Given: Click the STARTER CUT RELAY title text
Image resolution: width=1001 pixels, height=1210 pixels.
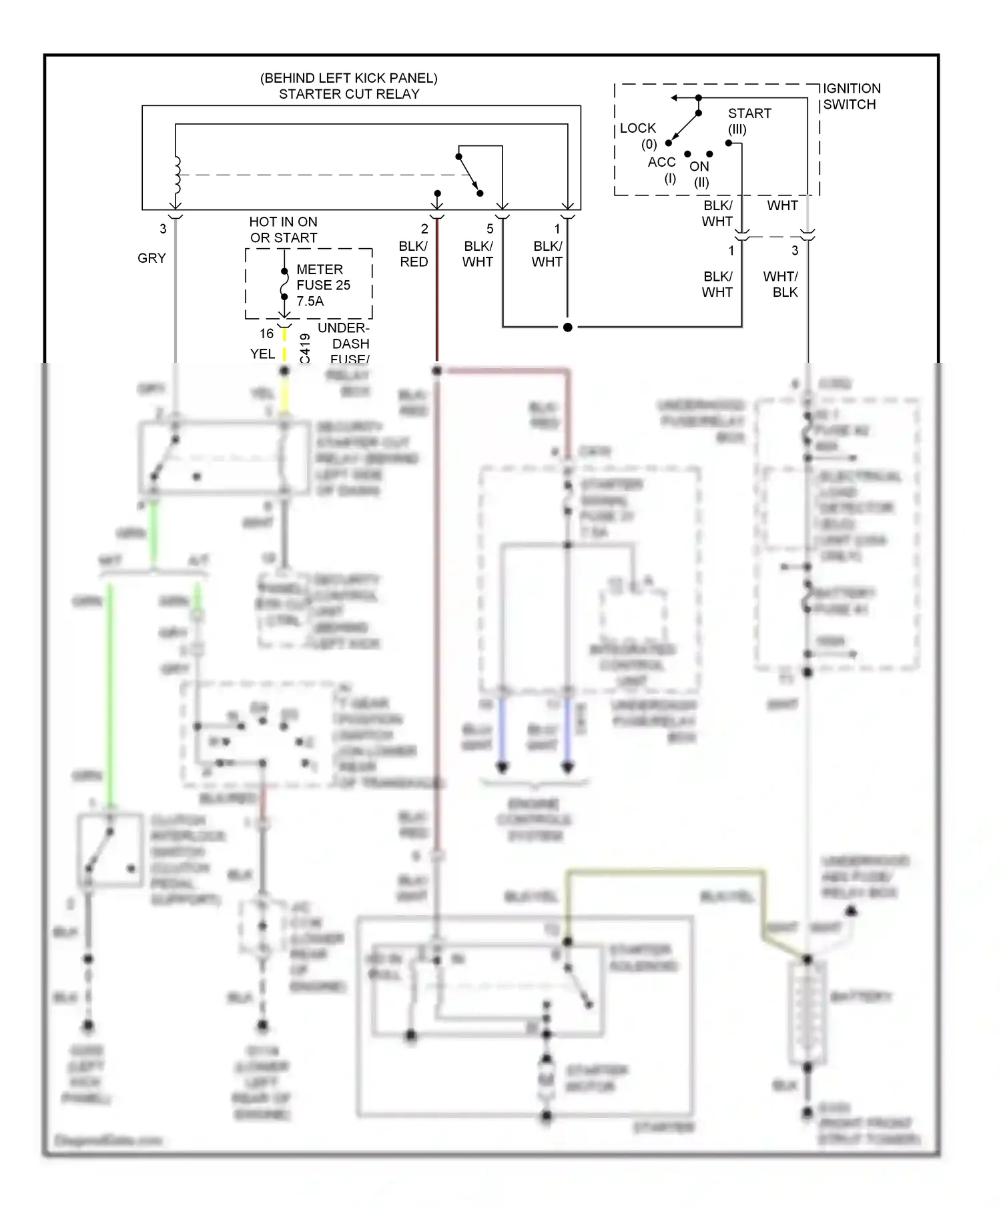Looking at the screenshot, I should [349, 94].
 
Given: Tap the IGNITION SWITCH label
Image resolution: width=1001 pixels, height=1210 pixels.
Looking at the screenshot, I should [851, 97].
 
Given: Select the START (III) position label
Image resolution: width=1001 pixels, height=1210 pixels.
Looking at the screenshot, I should [749, 121].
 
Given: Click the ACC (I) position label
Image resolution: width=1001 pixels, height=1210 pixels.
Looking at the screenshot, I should [662, 170].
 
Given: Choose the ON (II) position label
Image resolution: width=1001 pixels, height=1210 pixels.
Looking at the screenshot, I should [700, 173].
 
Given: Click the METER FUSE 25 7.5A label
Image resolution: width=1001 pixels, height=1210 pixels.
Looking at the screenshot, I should [323, 285].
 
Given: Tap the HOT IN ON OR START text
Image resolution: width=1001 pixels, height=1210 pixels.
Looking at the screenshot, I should [284, 229].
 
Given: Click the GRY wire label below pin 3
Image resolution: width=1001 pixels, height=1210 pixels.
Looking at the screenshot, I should [151, 258].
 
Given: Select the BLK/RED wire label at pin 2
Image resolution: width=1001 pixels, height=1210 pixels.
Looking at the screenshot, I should [414, 254].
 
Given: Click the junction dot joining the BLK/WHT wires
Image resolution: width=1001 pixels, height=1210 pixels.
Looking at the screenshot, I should [567, 327].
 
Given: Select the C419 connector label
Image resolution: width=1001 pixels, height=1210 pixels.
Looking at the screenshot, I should [305, 348].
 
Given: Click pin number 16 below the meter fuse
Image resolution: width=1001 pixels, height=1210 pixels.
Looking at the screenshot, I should [266, 334].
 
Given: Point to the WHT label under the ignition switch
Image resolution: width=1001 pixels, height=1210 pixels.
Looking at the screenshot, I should [782, 205].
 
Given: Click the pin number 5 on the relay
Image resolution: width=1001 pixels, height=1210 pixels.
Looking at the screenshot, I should [490, 229].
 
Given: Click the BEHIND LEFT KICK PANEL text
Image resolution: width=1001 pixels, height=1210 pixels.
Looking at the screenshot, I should [349, 78].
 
